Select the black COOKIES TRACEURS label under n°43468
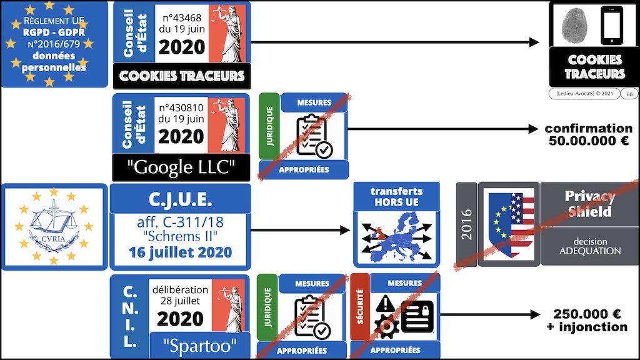coord(182,76)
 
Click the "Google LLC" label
coord(181,167)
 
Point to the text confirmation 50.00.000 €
coord(589,135)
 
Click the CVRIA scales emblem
coord(54,226)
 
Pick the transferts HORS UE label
coord(396,197)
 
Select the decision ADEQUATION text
coord(589,246)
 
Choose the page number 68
coord(629,94)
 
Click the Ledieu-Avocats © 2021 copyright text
coord(584,94)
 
